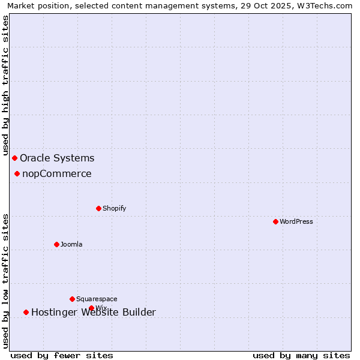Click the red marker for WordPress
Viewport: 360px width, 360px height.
tap(275, 221)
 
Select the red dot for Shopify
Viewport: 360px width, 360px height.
tap(98, 208)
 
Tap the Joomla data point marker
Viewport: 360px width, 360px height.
tap(56, 244)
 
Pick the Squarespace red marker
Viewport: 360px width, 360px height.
tap(72, 299)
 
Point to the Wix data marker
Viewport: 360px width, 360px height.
tap(91, 308)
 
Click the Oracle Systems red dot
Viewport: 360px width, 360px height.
tap(14, 158)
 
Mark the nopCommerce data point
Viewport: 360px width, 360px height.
tap(17, 173)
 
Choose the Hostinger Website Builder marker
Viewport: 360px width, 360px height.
tap(26, 312)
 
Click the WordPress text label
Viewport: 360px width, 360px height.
tap(296, 221)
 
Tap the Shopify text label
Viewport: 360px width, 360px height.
tap(114, 208)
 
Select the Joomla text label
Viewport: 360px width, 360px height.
tap(71, 244)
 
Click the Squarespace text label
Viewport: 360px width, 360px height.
tap(97, 299)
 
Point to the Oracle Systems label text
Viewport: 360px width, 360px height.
tap(57, 158)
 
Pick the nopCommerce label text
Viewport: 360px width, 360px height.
tap(57, 173)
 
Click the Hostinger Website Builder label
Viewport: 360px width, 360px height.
tap(94, 312)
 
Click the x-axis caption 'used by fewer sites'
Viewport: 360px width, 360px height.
tap(62, 355)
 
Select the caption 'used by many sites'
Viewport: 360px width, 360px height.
tap(301, 355)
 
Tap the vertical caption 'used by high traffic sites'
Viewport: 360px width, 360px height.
tap(5, 85)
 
